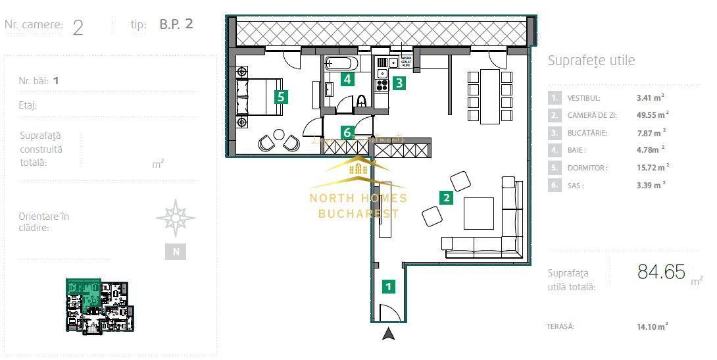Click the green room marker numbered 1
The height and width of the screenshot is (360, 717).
tap(389, 286)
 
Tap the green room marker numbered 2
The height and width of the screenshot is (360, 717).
tap(446, 197)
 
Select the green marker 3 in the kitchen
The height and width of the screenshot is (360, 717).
tap(399, 83)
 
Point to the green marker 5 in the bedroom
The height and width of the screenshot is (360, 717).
tap(281, 97)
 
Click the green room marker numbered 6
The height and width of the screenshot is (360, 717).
tap(347, 132)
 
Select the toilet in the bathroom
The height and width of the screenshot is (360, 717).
tap(361, 102)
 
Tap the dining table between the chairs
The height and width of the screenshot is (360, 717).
tap(489, 96)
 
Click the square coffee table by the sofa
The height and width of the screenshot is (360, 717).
tap(478, 213)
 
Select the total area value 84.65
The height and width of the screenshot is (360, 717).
tap(661, 271)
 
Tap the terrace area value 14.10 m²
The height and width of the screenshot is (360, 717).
tap(652, 326)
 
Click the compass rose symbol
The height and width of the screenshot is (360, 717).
tap(175, 218)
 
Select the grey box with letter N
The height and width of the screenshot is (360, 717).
tap(175, 251)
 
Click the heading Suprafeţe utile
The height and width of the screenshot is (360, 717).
tap(591, 61)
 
